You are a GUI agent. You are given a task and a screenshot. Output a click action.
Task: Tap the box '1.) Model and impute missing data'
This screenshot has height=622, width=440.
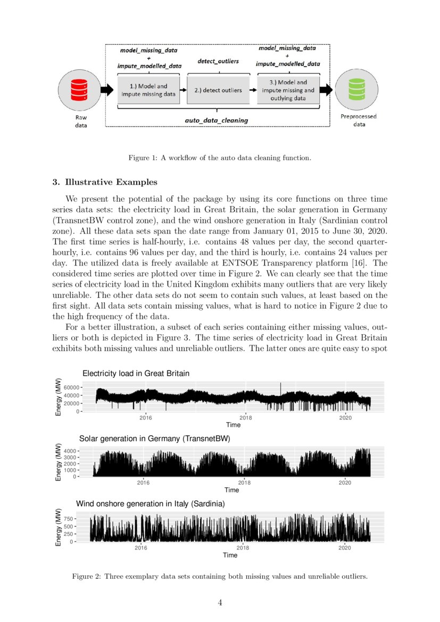(x=148, y=90)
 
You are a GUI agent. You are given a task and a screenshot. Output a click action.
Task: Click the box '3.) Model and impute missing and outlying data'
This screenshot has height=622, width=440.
(x=288, y=90)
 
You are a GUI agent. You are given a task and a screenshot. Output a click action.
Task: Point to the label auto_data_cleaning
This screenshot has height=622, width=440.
(x=216, y=120)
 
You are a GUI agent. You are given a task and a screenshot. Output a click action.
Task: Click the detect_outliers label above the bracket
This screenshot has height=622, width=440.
(x=218, y=62)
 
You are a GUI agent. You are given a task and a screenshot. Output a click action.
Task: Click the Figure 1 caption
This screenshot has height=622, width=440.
(x=219, y=157)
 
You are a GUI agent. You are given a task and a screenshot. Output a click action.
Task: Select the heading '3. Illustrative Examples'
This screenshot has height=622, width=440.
(x=104, y=183)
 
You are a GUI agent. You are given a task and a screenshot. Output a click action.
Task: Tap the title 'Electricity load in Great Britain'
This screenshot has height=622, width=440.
(x=136, y=374)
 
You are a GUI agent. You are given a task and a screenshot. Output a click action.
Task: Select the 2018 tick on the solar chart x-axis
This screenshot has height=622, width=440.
(x=244, y=483)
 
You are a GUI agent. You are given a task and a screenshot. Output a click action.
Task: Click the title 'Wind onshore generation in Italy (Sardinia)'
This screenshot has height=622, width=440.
(x=150, y=503)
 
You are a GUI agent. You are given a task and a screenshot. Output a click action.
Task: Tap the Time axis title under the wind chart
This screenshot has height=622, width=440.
(x=230, y=555)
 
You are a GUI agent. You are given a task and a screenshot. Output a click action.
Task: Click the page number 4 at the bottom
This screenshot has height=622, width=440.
(x=220, y=602)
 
